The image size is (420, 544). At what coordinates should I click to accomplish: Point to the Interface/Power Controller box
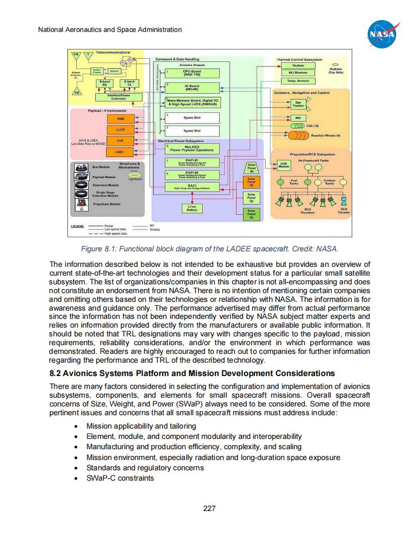118,97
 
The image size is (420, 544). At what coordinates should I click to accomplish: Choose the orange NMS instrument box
119,119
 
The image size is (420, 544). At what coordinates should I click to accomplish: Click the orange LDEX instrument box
119,152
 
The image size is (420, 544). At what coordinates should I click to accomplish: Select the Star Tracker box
297,105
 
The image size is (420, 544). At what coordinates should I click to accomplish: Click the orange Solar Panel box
252,182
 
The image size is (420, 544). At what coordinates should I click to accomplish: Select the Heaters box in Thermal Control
297,65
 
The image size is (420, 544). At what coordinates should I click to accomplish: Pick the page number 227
209,508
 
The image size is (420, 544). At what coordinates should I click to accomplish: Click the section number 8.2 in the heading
56,373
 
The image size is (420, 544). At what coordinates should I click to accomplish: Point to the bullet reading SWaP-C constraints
120,478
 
